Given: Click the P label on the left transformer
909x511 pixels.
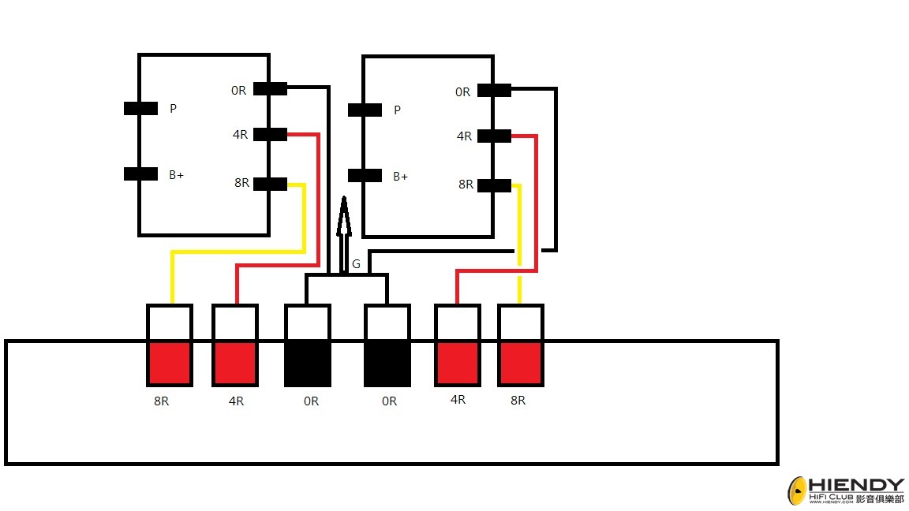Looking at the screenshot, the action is (x=174, y=108).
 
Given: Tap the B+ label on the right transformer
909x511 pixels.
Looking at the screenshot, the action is (x=401, y=176).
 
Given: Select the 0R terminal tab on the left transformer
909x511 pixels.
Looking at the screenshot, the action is (x=270, y=88).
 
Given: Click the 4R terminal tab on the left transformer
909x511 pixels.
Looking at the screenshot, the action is (x=270, y=134).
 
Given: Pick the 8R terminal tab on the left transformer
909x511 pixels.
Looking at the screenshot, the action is (x=270, y=185).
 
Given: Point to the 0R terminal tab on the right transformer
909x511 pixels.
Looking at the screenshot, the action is (x=494, y=91).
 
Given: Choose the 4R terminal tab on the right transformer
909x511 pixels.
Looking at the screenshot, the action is (x=494, y=136).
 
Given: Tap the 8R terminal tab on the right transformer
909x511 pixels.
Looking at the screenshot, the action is (x=494, y=185).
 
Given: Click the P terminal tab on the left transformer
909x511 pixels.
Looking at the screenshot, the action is (x=141, y=108).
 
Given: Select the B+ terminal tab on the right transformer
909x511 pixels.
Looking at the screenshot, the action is (x=365, y=176).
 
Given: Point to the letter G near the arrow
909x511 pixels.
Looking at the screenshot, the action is (x=356, y=264).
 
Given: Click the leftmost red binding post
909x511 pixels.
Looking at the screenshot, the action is (x=170, y=364).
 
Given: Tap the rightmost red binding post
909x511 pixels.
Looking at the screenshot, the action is (x=521, y=364).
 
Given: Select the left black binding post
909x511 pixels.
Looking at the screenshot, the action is (x=308, y=364).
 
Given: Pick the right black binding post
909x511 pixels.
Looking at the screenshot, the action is (x=387, y=364).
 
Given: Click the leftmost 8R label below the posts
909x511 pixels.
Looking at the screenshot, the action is (x=162, y=401).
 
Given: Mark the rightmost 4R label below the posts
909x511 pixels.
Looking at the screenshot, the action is (x=458, y=400).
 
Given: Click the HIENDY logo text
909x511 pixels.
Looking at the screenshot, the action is (x=856, y=485).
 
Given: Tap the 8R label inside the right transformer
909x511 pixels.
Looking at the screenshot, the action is (x=466, y=185).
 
